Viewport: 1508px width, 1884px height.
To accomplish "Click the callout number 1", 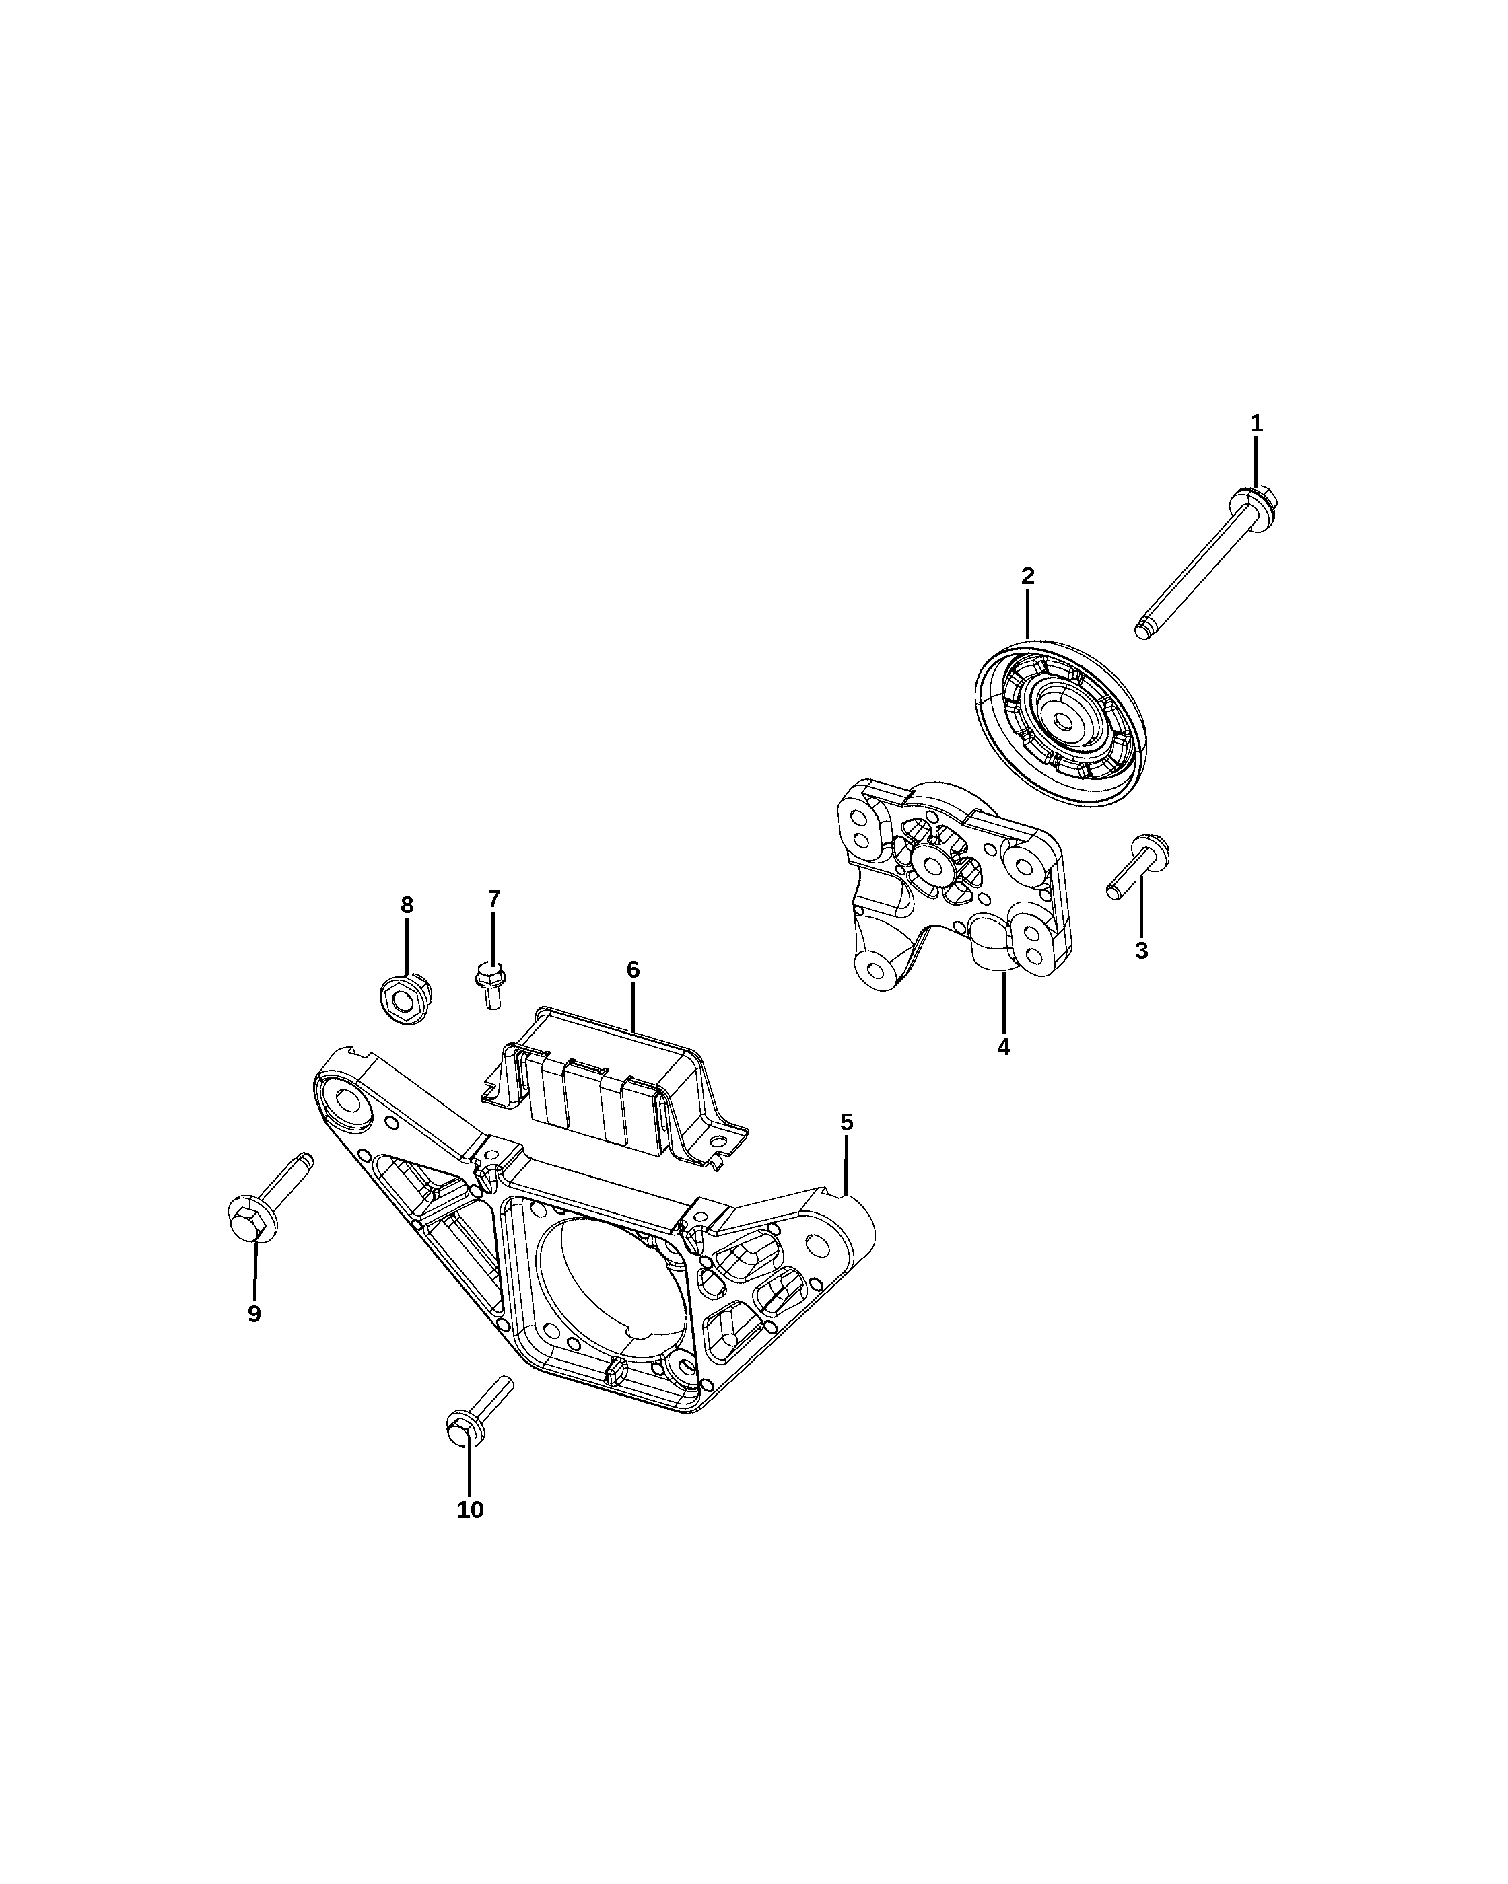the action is click(1256, 424).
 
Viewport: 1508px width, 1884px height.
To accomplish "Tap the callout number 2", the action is click(1027, 576).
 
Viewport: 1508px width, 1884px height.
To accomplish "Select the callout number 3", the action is click(1141, 951).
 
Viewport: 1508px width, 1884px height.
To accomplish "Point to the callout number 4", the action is click(1004, 1046).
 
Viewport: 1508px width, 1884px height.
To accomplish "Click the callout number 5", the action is click(846, 1122).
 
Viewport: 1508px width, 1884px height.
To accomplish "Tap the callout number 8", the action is click(407, 904).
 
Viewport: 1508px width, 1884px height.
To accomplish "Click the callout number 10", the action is click(471, 1509).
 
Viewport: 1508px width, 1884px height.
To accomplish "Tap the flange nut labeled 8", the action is click(406, 997).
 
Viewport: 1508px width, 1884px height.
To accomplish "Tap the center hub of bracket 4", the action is click(934, 865).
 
